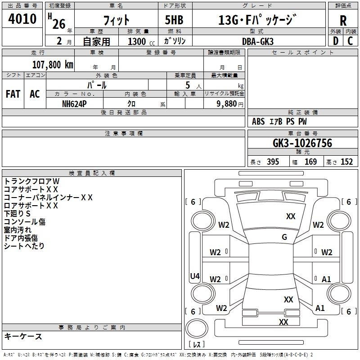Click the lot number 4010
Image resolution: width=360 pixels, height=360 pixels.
tap(22, 18)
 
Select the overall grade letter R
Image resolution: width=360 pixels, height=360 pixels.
tap(343, 21)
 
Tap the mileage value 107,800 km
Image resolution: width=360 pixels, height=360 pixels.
tap(53, 65)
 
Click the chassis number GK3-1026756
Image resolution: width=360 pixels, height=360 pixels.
tap(302, 143)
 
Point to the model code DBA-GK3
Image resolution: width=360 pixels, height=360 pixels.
tap(258, 41)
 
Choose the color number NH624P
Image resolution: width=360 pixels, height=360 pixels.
tap(74, 104)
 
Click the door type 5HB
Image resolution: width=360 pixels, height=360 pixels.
tap(174, 20)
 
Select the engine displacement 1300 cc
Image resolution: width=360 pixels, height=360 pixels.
tap(141, 41)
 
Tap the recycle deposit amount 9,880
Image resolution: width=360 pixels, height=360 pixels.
tap(227, 104)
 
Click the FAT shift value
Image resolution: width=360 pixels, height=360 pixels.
tap(13, 94)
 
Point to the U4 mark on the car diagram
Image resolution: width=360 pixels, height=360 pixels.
tap(195, 276)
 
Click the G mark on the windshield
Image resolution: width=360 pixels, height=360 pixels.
tap(284, 237)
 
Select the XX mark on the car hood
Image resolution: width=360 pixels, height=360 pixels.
tap(291, 216)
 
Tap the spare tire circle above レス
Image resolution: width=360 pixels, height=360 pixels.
tap(196, 328)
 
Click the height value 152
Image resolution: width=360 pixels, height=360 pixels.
tap(346, 162)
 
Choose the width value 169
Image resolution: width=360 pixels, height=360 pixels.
tap(310, 162)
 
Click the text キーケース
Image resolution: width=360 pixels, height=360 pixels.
tap(23, 337)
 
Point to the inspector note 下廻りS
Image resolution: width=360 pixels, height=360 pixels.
tap(17, 213)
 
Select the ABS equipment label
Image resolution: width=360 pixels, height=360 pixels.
tap(258, 121)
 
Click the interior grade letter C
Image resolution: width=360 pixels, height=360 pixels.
tap(350, 41)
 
